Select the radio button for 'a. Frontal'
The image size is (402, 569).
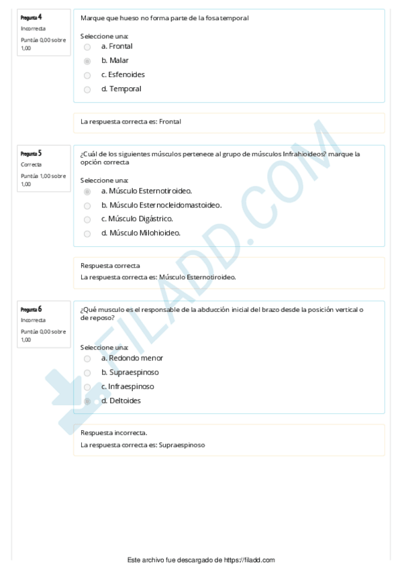pos(87,47)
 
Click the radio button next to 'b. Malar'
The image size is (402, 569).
pos(87,61)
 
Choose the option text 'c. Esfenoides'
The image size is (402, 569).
pos(123,74)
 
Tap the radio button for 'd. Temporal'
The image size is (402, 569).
pos(87,89)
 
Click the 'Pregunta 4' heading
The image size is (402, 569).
pos(32,16)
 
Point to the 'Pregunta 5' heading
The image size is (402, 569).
pos(32,153)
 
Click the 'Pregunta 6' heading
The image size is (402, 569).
pos(32,309)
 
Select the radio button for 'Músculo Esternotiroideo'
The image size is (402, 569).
pos(87,191)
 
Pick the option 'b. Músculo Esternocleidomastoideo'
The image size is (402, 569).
pos(161,205)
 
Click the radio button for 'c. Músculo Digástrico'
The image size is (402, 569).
pos(87,219)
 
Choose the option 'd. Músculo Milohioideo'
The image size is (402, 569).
pos(141,233)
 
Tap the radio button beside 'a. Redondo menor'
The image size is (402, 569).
pos(87,358)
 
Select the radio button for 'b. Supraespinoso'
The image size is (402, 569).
pos(87,372)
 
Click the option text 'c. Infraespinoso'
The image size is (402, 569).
pos(128,386)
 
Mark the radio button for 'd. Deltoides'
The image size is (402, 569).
pos(87,401)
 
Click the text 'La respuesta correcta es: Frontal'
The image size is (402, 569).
pos(131,122)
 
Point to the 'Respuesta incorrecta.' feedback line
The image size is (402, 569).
pos(114,433)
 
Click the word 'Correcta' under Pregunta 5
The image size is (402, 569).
pos(31,164)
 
